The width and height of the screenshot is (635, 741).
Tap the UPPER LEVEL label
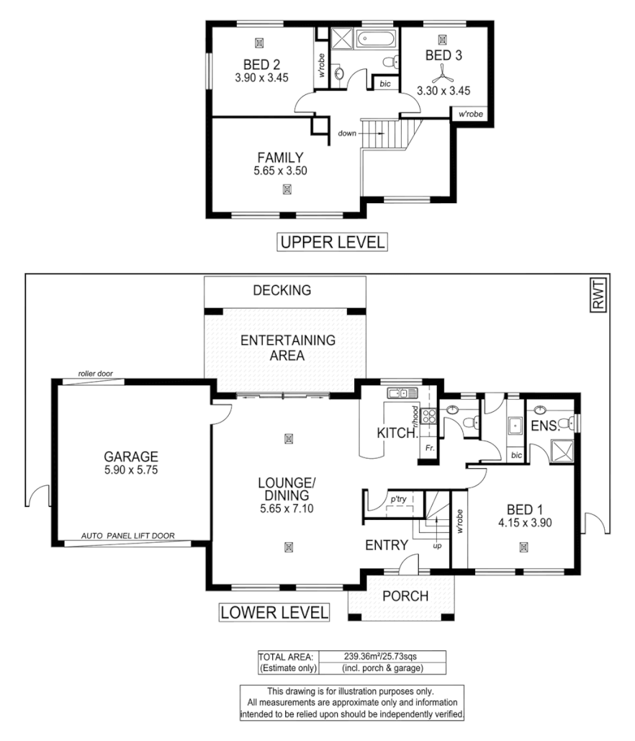pyautogui.click(x=332, y=243)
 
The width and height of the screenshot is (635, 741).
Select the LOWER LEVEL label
pyautogui.click(x=274, y=614)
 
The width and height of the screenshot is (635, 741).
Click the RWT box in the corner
pyautogui.click(x=598, y=296)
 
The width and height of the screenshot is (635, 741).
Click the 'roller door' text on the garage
pyautogui.click(x=95, y=375)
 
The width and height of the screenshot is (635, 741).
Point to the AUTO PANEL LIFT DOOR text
pyautogui.click(x=127, y=536)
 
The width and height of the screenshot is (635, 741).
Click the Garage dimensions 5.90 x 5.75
pyautogui.click(x=130, y=469)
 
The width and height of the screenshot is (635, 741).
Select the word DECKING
pyautogui.click(x=282, y=291)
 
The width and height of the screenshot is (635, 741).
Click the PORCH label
pyautogui.click(x=405, y=596)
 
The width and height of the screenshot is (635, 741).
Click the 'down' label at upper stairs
pyautogui.click(x=349, y=133)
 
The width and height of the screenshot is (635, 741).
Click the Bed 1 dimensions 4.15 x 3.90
pyautogui.click(x=523, y=524)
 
